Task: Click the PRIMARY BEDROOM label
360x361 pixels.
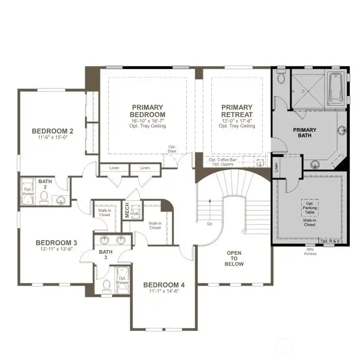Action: click(x=148, y=110)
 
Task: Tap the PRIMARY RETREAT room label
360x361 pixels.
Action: click(x=237, y=110)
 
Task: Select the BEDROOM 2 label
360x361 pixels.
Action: click(x=53, y=131)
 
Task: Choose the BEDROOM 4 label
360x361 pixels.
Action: click(x=164, y=285)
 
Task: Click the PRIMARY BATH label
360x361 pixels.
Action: click(x=304, y=133)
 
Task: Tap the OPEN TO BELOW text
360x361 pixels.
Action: click(x=234, y=259)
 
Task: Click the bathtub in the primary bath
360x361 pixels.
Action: click(x=337, y=89)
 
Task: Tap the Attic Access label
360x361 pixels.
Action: click(x=310, y=252)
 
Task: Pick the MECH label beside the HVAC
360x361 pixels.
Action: click(x=127, y=210)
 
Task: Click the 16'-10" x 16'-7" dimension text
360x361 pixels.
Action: click(x=148, y=122)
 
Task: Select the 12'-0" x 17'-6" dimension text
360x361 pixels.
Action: click(x=237, y=122)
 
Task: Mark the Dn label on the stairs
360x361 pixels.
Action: click(x=210, y=224)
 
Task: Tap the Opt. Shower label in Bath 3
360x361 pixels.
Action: click(x=123, y=280)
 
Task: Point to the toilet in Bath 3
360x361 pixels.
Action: click(x=106, y=285)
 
